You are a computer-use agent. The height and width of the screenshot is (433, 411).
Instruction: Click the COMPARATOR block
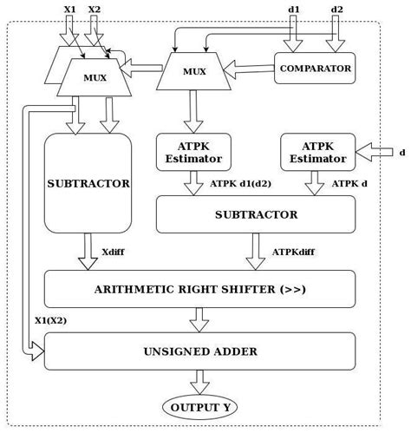click(314, 69)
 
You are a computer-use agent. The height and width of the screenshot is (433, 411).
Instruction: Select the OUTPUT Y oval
click(200, 408)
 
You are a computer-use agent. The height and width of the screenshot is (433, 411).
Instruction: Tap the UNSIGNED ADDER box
click(199, 351)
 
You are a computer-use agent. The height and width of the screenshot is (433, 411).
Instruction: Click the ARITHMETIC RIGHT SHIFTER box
click(199, 289)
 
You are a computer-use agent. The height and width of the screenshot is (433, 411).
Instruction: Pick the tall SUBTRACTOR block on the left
click(75, 183)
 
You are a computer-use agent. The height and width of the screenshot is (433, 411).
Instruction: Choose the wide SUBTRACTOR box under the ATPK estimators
click(255, 214)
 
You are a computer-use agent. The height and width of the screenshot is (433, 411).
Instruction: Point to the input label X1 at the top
click(69, 9)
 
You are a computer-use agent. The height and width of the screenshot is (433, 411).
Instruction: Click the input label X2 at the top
click(95, 9)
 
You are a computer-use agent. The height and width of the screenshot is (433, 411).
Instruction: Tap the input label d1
click(295, 9)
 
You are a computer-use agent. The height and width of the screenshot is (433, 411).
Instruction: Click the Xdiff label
click(113, 252)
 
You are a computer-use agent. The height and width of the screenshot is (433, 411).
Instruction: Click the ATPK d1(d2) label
click(238, 183)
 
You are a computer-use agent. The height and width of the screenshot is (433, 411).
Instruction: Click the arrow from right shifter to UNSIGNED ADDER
click(199, 320)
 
